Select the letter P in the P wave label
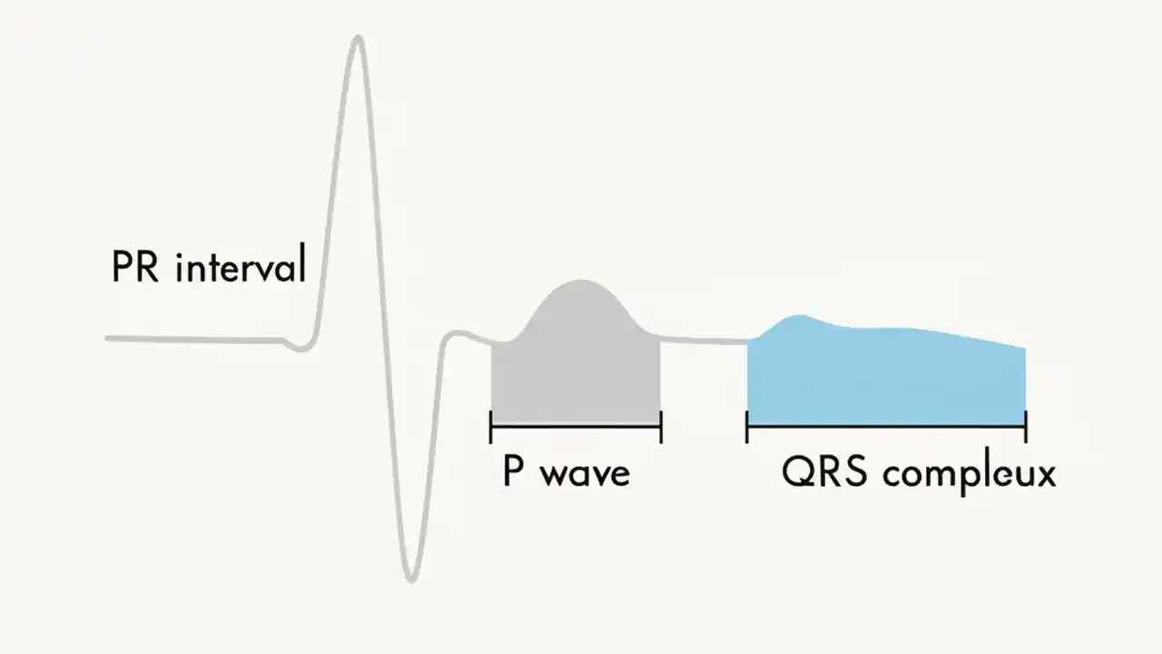pyautogui.click(x=513, y=472)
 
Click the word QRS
pyautogui.click(x=822, y=473)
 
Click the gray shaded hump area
pyautogui.click(x=576, y=363)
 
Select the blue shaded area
pyautogui.click(x=885, y=377)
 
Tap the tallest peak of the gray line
pyautogui.click(x=359, y=38)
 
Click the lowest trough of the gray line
pyautogui.click(x=411, y=579)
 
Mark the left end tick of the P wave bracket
pyautogui.click(x=490, y=426)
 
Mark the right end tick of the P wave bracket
pyautogui.click(x=660, y=426)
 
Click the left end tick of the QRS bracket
pyautogui.click(x=747, y=426)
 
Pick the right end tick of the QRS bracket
pyautogui.click(x=1025, y=426)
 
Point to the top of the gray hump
pyautogui.click(x=578, y=281)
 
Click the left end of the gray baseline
pyautogui.click(x=108, y=339)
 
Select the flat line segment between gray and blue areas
pyautogui.click(x=704, y=342)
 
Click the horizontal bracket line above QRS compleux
pyautogui.click(x=886, y=426)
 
